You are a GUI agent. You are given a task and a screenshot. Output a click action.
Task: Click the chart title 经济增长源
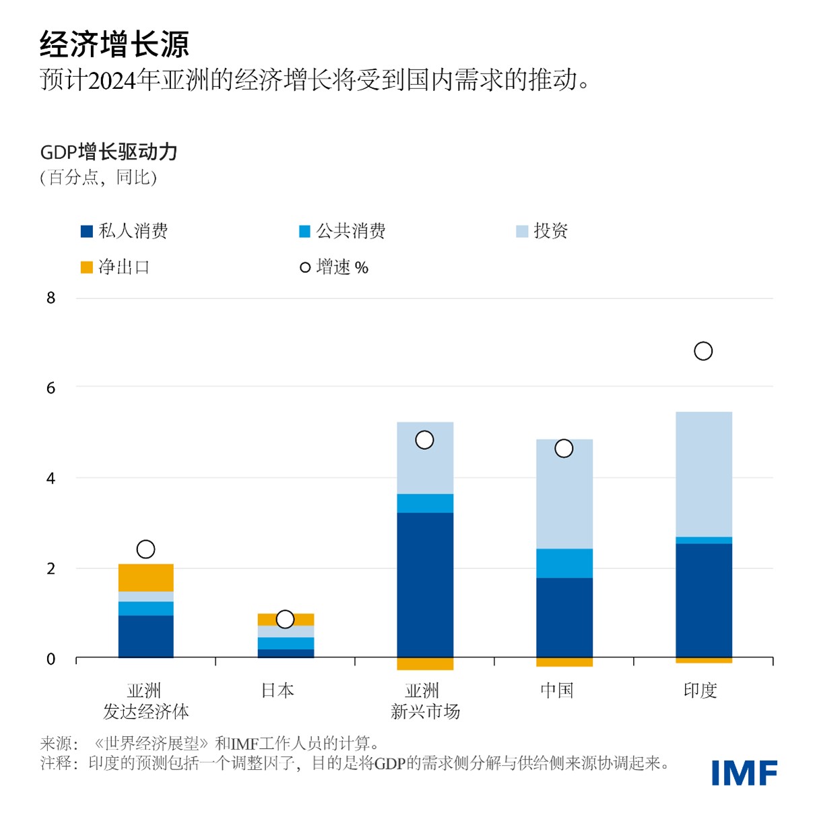114,44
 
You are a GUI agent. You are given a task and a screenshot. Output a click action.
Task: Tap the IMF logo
744,773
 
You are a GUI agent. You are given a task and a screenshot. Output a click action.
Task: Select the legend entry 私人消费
125,231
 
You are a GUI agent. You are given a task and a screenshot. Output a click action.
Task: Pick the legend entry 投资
542,231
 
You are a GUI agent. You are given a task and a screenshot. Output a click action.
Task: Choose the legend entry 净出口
115,267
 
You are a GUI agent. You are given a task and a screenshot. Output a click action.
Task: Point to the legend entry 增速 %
334,267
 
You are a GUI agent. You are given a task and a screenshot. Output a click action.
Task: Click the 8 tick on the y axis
51,298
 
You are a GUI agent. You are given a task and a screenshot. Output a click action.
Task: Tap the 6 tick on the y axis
51,388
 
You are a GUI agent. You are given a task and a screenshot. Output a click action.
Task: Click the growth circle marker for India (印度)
703,351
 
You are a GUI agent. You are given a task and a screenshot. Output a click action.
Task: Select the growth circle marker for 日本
285,619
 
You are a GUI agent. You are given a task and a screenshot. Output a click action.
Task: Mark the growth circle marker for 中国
564,449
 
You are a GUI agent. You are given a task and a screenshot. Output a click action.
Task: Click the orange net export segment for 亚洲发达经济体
145,578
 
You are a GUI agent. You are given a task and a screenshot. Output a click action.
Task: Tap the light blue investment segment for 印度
703,474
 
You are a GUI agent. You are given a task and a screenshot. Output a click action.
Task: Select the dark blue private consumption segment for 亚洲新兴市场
425,584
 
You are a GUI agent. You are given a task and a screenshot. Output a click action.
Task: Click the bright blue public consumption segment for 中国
564,563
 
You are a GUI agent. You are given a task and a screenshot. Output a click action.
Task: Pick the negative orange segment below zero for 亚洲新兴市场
425,663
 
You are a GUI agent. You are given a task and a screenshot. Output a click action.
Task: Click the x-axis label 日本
277,690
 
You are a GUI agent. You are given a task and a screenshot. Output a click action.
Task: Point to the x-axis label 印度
700,690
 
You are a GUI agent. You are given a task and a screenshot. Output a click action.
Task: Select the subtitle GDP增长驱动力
108,152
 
